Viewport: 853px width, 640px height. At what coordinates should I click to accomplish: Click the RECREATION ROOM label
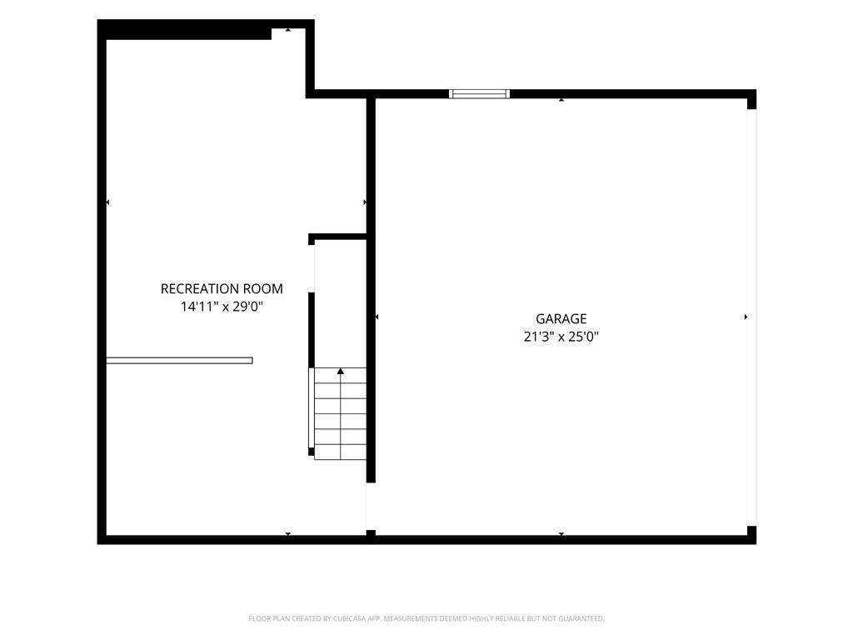point(222,288)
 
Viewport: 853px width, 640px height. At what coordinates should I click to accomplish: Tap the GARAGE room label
point(561,319)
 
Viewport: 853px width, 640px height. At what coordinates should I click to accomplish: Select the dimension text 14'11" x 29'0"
point(222,307)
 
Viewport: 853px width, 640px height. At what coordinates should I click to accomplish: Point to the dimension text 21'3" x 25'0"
point(561,337)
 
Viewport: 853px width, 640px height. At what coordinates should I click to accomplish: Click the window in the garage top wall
point(479,93)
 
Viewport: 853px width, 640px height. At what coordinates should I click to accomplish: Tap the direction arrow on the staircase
point(341,371)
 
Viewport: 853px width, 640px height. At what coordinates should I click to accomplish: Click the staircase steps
point(340,413)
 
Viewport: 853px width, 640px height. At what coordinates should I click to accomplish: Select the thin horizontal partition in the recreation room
point(179,360)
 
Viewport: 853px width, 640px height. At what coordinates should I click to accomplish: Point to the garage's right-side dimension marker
point(746,317)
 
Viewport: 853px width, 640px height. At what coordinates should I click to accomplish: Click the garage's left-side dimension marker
point(377,317)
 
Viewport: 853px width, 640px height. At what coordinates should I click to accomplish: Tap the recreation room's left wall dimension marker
point(107,202)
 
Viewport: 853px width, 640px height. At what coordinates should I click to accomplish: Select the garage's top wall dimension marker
point(561,100)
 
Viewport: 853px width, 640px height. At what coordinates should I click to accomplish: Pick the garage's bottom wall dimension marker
point(561,534)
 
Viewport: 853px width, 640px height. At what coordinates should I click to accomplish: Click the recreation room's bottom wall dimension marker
point(287,534)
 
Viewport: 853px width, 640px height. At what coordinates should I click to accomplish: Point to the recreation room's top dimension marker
point(287,29)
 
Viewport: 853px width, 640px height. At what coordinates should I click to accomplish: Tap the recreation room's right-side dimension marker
point(365,202)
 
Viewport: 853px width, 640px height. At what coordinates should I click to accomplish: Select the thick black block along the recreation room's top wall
point(188,33)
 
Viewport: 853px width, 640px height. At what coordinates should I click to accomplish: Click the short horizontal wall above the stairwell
point(338,237)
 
